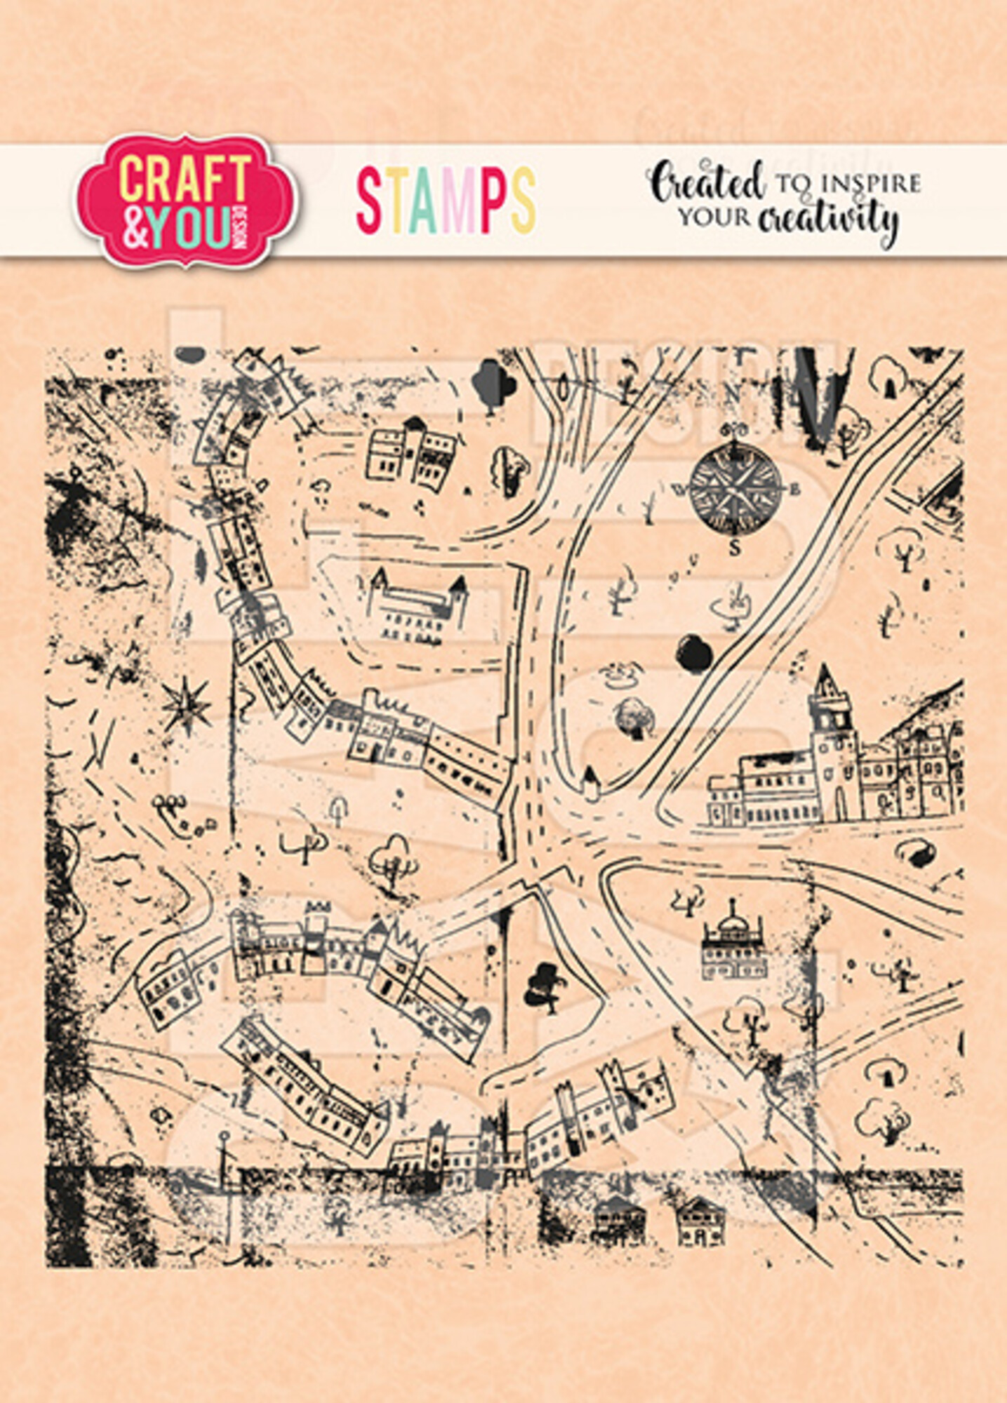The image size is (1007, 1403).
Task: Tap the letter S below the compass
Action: [735, 548]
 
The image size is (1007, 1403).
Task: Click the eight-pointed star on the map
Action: [186, 704]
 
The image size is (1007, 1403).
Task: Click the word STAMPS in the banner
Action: [446, 201]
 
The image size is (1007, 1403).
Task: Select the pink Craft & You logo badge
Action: [187, 201]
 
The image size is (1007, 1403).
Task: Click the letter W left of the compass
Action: [679, 489]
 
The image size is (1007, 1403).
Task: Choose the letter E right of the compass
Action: [795, 490]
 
